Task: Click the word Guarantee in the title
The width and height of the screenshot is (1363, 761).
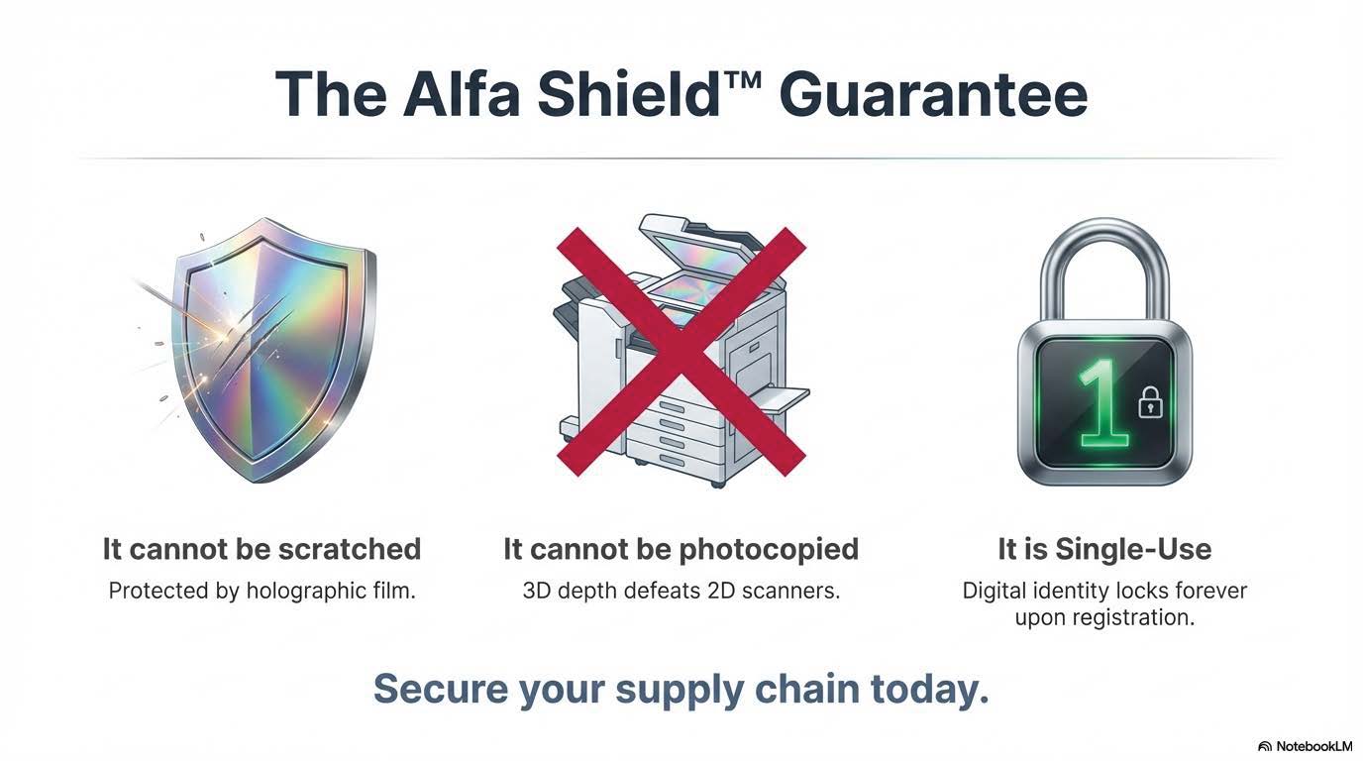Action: coord(933,94)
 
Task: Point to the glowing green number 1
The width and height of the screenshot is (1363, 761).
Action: coord(1101,401)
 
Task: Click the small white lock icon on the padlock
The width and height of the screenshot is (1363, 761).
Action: coord(1150,401)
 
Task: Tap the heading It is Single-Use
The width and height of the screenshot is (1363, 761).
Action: coord(1103,549)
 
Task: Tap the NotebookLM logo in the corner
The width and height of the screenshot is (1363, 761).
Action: coord(1305,746)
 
